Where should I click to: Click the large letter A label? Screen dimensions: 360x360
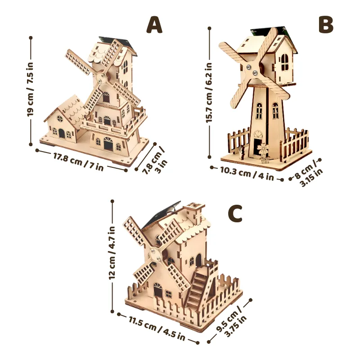tap(154, 25)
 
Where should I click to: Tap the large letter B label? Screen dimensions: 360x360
tap(326, 24)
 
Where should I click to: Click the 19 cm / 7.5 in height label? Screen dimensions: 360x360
tap(31, 89)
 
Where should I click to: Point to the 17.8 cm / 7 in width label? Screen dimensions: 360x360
tap(78, 162)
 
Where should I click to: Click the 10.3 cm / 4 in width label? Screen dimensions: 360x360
tap(247, 174)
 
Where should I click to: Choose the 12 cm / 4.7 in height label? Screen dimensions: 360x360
tap(112, 252)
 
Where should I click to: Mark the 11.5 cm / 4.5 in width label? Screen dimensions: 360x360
tap(157, 328)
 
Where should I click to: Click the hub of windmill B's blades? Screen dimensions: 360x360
tap(252, 70)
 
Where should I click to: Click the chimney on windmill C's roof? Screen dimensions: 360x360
tap(194, 213)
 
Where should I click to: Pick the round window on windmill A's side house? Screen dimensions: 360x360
tap(60, 119)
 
